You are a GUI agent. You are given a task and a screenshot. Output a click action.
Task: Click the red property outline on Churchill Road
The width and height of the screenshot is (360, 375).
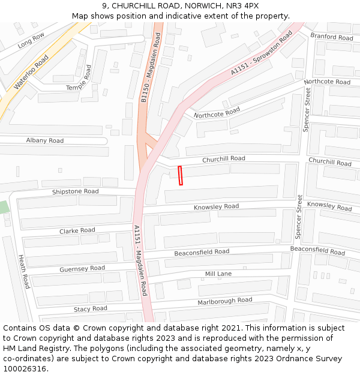click(x=181, y=176)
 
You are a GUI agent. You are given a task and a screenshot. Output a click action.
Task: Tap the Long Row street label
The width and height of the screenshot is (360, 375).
click(x=31, y=40)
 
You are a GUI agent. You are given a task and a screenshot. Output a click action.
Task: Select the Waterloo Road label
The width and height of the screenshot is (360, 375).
click(x=31, y=72)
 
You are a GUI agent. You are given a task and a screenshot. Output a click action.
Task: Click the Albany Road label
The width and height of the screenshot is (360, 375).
click(x=44, y=140)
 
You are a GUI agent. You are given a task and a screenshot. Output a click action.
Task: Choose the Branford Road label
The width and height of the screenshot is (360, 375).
click(x=331, y=37)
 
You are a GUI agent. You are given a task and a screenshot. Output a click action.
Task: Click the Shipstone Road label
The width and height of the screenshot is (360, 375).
click(x=75, y=191)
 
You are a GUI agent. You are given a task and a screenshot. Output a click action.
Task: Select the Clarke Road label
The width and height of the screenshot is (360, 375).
click(x=77, y=230)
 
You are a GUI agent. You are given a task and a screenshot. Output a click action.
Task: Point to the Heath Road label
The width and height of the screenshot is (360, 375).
click(x=24, y=272)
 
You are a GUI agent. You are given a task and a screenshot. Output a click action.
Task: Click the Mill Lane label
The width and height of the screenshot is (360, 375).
click(x=218, y=274)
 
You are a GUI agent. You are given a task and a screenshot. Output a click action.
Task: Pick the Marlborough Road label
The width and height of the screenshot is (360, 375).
click(x=225, y=301)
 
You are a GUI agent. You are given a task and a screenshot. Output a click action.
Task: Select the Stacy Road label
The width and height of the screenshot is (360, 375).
click(x=90, y=308)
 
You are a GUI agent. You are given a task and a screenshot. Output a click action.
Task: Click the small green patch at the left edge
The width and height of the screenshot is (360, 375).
click(x=4, y=208)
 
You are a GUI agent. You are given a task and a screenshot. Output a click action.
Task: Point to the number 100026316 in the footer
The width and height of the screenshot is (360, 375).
click(x=24, y=368)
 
